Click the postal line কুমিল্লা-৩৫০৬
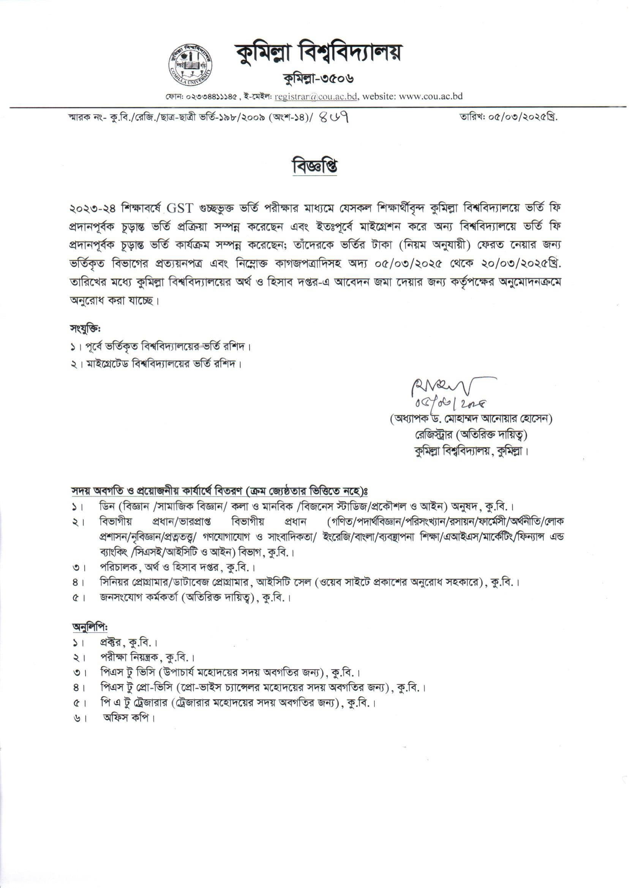click(318, 79)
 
